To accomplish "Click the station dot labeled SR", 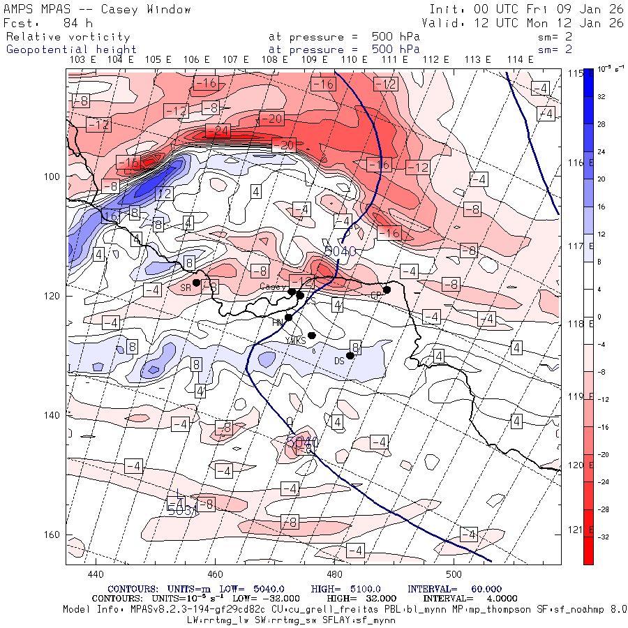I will point(197,283).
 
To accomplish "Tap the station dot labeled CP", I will point(387,290).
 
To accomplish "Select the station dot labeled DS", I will point(350,355).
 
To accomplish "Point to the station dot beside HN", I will point(289,317).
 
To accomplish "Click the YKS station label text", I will point(296,341).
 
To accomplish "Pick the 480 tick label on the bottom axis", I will point(334,574).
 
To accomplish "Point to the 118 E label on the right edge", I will point(576,324).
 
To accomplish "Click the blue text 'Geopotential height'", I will point(71,50).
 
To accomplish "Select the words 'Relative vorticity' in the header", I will point(68,37).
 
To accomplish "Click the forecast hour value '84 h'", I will point(77,23).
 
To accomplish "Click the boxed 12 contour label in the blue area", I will point(165,193).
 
